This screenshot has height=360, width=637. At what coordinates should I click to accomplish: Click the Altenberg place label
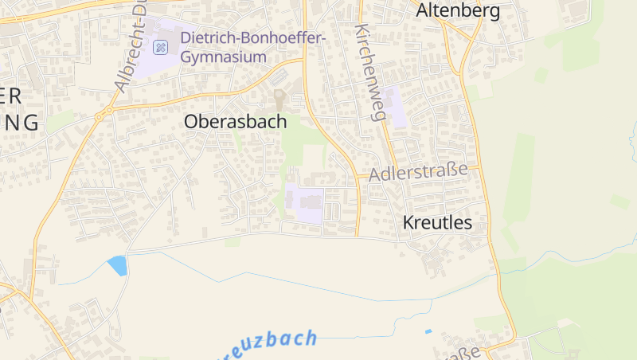458,10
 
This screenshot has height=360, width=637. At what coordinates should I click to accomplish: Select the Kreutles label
437,223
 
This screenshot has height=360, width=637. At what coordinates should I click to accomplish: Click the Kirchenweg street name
370,72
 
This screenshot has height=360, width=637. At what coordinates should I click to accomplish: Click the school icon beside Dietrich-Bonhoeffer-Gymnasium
161,47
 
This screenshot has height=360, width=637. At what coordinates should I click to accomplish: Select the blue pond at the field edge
118,265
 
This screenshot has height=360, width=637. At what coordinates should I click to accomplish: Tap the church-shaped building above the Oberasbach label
279,100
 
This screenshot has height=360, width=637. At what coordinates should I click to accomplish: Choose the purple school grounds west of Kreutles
303,202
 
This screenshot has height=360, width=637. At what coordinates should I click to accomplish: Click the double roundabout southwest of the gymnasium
100,116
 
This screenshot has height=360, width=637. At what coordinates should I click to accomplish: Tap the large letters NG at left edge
20,122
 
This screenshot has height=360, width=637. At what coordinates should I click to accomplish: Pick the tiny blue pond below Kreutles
428,331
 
